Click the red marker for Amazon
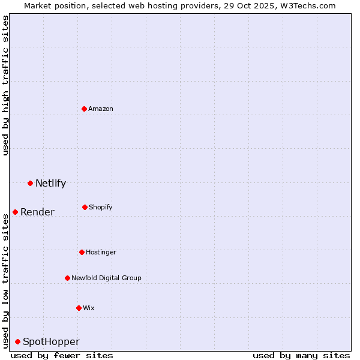tap(85, 109)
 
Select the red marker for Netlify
tap(30, 183)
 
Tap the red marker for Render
tap(15, 212)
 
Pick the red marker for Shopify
tap(85, 207)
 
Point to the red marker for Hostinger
tap(82, 252)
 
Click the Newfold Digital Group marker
tap(67, 278)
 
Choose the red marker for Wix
tap(79, 308)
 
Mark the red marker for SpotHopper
tap(17, 341)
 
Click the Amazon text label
tap(101, 109)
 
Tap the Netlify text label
tap(50, 183)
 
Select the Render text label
tap(37, 212)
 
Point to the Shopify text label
tap(101, 207)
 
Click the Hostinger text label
tap(101, 252)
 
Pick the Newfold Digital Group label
tap(106, 278)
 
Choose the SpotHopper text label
tap(51, 341)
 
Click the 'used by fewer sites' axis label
tap(62, 355)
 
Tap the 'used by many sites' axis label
tap(301, 355)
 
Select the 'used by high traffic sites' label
tap(5, 85)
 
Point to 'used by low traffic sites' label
tap(5, 281)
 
